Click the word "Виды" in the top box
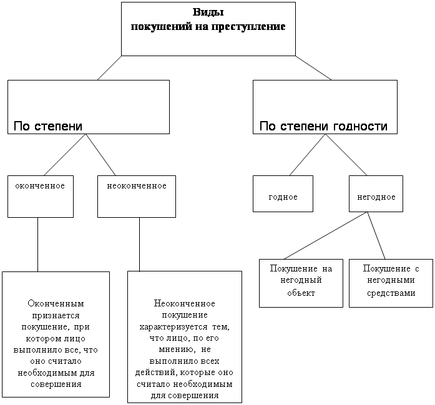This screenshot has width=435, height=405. pos(208,13)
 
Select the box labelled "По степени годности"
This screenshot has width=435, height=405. pos(325,107)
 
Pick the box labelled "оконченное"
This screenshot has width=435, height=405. pos(40,197)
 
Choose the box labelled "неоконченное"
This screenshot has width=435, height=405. pos(137,197)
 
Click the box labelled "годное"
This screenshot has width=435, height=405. pos(283,194)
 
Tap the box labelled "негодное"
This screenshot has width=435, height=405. pos(376,194)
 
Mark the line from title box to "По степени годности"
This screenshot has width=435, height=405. pos(314,68)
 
